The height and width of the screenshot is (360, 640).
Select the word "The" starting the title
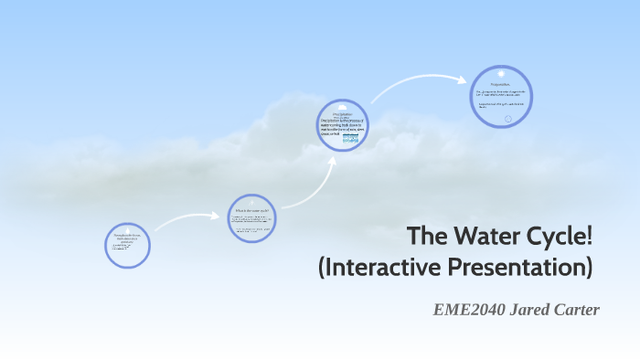point(426,236)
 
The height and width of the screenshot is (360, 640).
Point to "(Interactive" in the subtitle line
point(377,268)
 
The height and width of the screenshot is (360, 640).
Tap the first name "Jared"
point(528,311)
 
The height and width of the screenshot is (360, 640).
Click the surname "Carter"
point(576,311)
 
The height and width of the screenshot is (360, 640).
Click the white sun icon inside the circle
point(500,72)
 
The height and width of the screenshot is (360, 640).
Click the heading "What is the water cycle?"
point(251,211)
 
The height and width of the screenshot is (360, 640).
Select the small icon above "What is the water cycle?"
point(251,202)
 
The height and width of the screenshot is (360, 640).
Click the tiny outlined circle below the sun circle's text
point(508,118)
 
